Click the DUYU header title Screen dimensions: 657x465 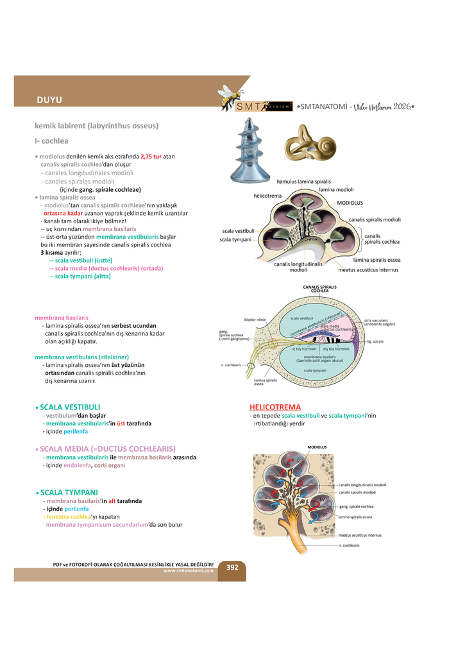coord(49,99)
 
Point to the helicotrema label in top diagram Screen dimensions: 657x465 coord(267,196)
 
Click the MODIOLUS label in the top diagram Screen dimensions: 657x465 coord(350,203)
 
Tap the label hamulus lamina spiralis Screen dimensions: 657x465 coord(303,182)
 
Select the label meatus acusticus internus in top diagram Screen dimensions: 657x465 coord(368,269)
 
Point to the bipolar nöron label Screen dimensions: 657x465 coord(255,319)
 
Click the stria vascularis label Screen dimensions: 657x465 coord(380,321)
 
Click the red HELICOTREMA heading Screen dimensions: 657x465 coord(275,407)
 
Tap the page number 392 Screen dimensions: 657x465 coord(232,567)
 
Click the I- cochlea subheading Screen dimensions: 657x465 coord(51,141)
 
